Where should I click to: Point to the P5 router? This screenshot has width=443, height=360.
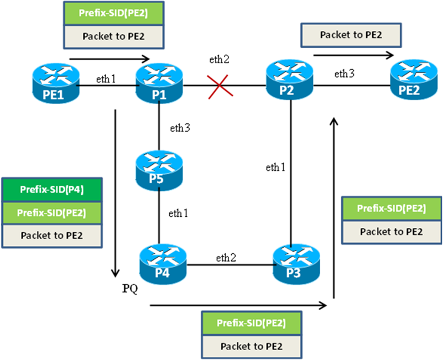(159, 170)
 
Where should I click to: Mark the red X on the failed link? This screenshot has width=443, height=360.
(220, 86)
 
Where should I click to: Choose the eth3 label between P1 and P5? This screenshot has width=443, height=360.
(180, 128)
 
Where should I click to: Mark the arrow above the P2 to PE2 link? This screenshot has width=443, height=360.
(354, 55)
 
